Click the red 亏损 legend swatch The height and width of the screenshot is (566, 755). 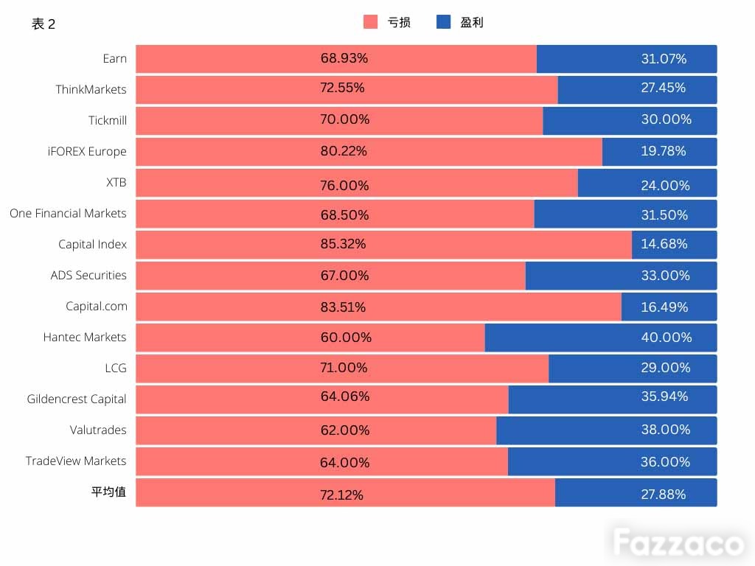point(370,21)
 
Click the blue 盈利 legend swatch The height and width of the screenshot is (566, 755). point(443,21)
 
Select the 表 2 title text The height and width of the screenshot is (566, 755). point(44,24)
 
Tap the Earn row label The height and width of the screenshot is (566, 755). point(114,59)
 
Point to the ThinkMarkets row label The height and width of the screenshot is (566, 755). point(91,89)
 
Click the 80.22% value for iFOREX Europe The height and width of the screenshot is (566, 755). point(344,151)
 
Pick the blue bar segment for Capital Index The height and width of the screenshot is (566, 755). point(674,245)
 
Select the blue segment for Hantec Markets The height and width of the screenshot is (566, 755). point(601,338)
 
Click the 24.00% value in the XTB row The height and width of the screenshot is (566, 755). point(666,185)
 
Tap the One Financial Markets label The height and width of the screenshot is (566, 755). point(68,213)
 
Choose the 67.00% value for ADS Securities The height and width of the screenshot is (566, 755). point(345,276)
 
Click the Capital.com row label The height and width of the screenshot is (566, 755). point(97,307)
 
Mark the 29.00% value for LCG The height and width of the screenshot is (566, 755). point(666,368)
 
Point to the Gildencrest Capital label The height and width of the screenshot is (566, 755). point(77,399)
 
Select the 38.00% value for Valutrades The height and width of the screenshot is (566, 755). point(666,430)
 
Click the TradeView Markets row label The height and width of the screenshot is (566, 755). point(76,461)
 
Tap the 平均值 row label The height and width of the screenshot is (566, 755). point(108,492)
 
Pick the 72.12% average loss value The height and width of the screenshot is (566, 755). point(341,495)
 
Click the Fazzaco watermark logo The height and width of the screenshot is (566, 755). point(679,542)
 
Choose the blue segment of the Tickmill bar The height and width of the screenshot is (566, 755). point(630,121)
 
